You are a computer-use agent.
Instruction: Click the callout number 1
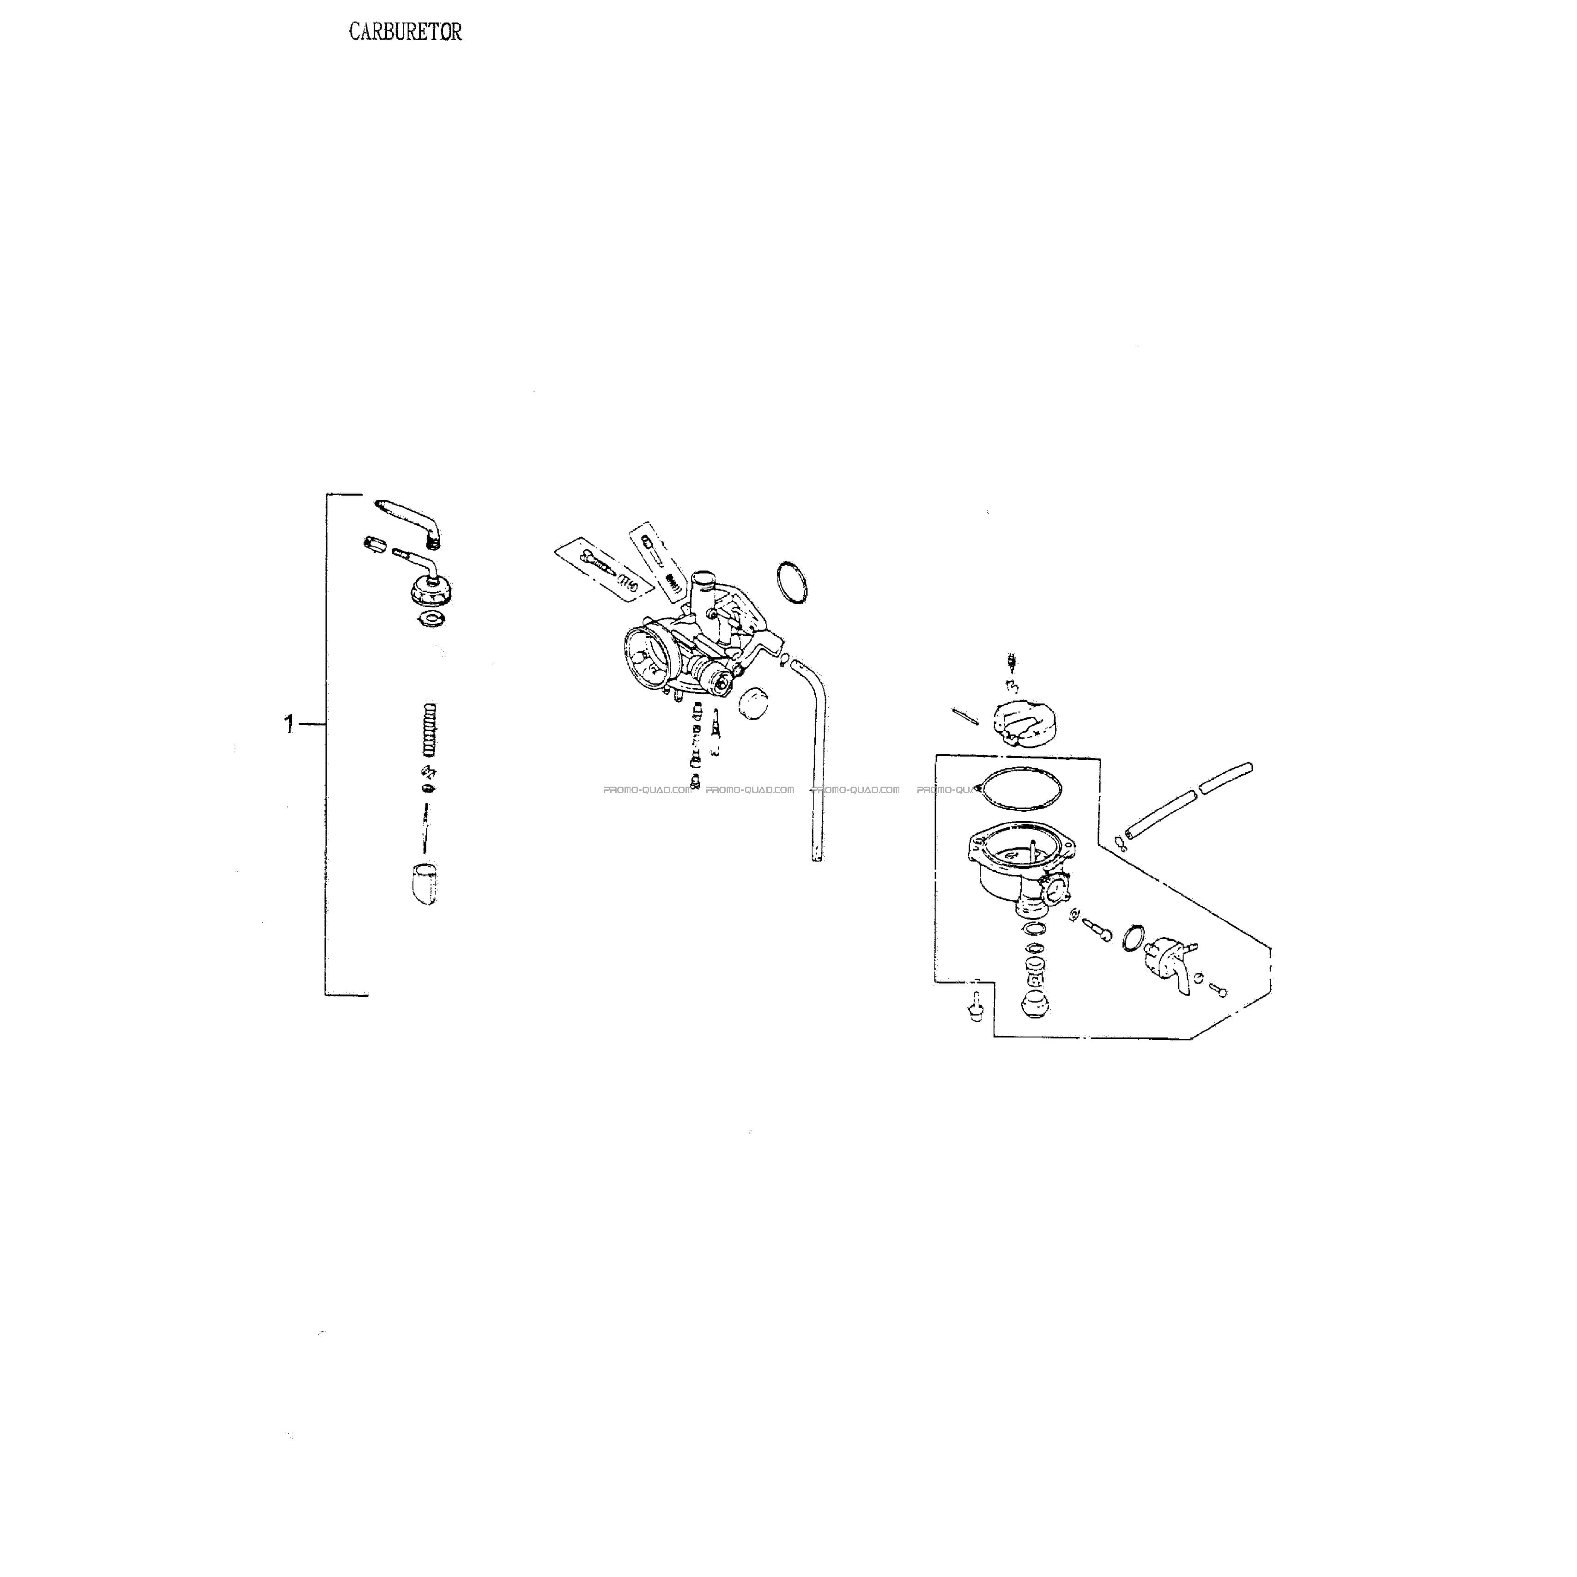coord(288,723)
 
